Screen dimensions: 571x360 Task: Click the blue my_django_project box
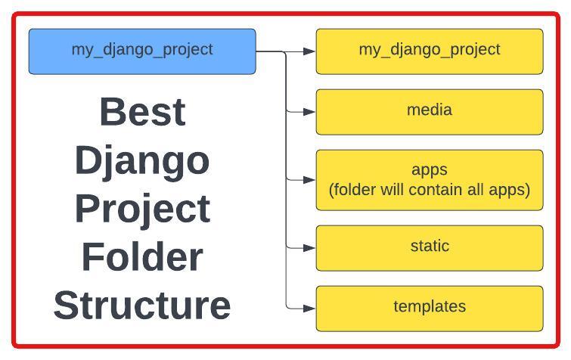[142, 51]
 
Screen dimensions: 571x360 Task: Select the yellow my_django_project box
[430, 51]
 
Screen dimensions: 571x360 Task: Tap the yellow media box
[430, 112]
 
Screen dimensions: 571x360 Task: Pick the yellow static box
[430, 248]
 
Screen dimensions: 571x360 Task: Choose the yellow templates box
[430, 309]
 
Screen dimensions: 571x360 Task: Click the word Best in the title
[142, 112]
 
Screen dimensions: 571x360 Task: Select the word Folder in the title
[142, 256]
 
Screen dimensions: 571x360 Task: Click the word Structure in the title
[142, 305]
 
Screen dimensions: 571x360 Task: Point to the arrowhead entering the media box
[309, 112]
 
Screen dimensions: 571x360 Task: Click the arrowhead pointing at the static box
[309, 248]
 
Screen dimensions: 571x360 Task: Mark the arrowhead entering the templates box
[309, 309]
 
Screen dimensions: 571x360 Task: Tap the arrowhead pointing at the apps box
[309, 180]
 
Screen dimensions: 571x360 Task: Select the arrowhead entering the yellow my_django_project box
[309, 51]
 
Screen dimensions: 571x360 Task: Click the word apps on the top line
[430, 170]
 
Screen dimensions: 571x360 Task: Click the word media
[430, 110]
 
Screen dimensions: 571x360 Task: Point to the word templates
[430, 306]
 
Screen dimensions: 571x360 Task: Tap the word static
[430, 246]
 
